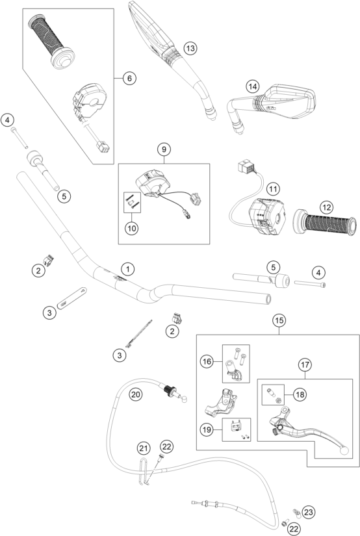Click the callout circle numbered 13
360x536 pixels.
point(190,48)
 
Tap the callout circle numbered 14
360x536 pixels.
point(253,86)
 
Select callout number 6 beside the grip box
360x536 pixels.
point(129,78)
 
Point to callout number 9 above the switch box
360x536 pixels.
point(164,149)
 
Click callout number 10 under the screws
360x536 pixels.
point(132,228)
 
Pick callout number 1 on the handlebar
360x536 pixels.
point(128,269)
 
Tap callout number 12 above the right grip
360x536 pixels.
point(326,207)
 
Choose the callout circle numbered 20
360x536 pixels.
point(135,394)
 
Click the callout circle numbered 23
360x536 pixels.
point(309,512)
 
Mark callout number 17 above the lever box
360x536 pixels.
point(305,364)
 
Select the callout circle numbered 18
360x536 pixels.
point(300,394)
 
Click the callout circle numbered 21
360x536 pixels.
point(144,448)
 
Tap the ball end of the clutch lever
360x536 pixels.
point(344,450)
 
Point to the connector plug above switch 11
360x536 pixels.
point(246,168)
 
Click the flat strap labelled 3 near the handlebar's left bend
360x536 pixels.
point(71,298)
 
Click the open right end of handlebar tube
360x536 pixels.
point(268,300)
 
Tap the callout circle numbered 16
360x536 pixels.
point(207,362)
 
